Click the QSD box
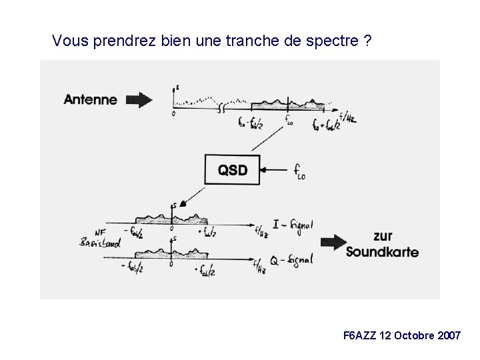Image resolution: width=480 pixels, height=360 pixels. coord(232,170)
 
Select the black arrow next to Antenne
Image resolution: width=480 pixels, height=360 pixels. coord(139,101)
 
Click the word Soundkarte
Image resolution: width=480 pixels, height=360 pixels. coord(382,253)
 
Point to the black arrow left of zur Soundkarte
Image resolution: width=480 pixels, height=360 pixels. coord(333,243)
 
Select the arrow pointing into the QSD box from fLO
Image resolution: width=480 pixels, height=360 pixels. coord(274,170)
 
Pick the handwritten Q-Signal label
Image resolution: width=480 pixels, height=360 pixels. coord(292,261)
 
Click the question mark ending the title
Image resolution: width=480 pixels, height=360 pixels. coord(368,41)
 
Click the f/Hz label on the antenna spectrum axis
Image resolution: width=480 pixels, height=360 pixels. coord(347,118)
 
